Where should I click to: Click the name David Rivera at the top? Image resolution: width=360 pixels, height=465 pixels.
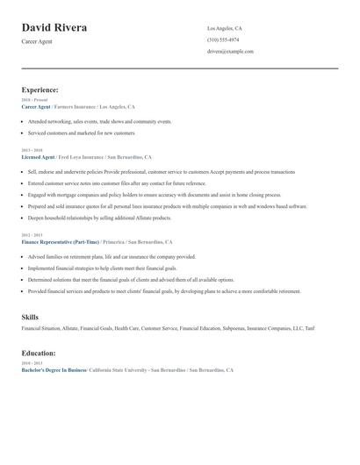(x=54, y=28)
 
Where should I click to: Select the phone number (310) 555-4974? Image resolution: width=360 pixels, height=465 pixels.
(x=223, y=39)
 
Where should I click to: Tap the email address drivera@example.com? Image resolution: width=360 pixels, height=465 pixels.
(x=230, y=52)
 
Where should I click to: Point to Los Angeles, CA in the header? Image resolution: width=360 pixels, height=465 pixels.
(x=225, y=28)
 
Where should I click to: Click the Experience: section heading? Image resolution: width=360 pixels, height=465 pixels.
(x=40, y=89)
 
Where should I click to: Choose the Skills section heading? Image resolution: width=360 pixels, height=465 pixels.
(x=30, y=317)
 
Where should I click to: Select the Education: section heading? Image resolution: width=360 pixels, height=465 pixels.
(x=39, y=353)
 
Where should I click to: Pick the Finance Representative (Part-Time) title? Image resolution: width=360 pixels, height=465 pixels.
(x=60, y=241)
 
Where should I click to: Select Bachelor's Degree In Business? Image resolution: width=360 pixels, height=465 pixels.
(x=54, y=370)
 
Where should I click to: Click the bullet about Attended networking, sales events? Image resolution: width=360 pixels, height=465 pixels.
(x=99, y=121)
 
